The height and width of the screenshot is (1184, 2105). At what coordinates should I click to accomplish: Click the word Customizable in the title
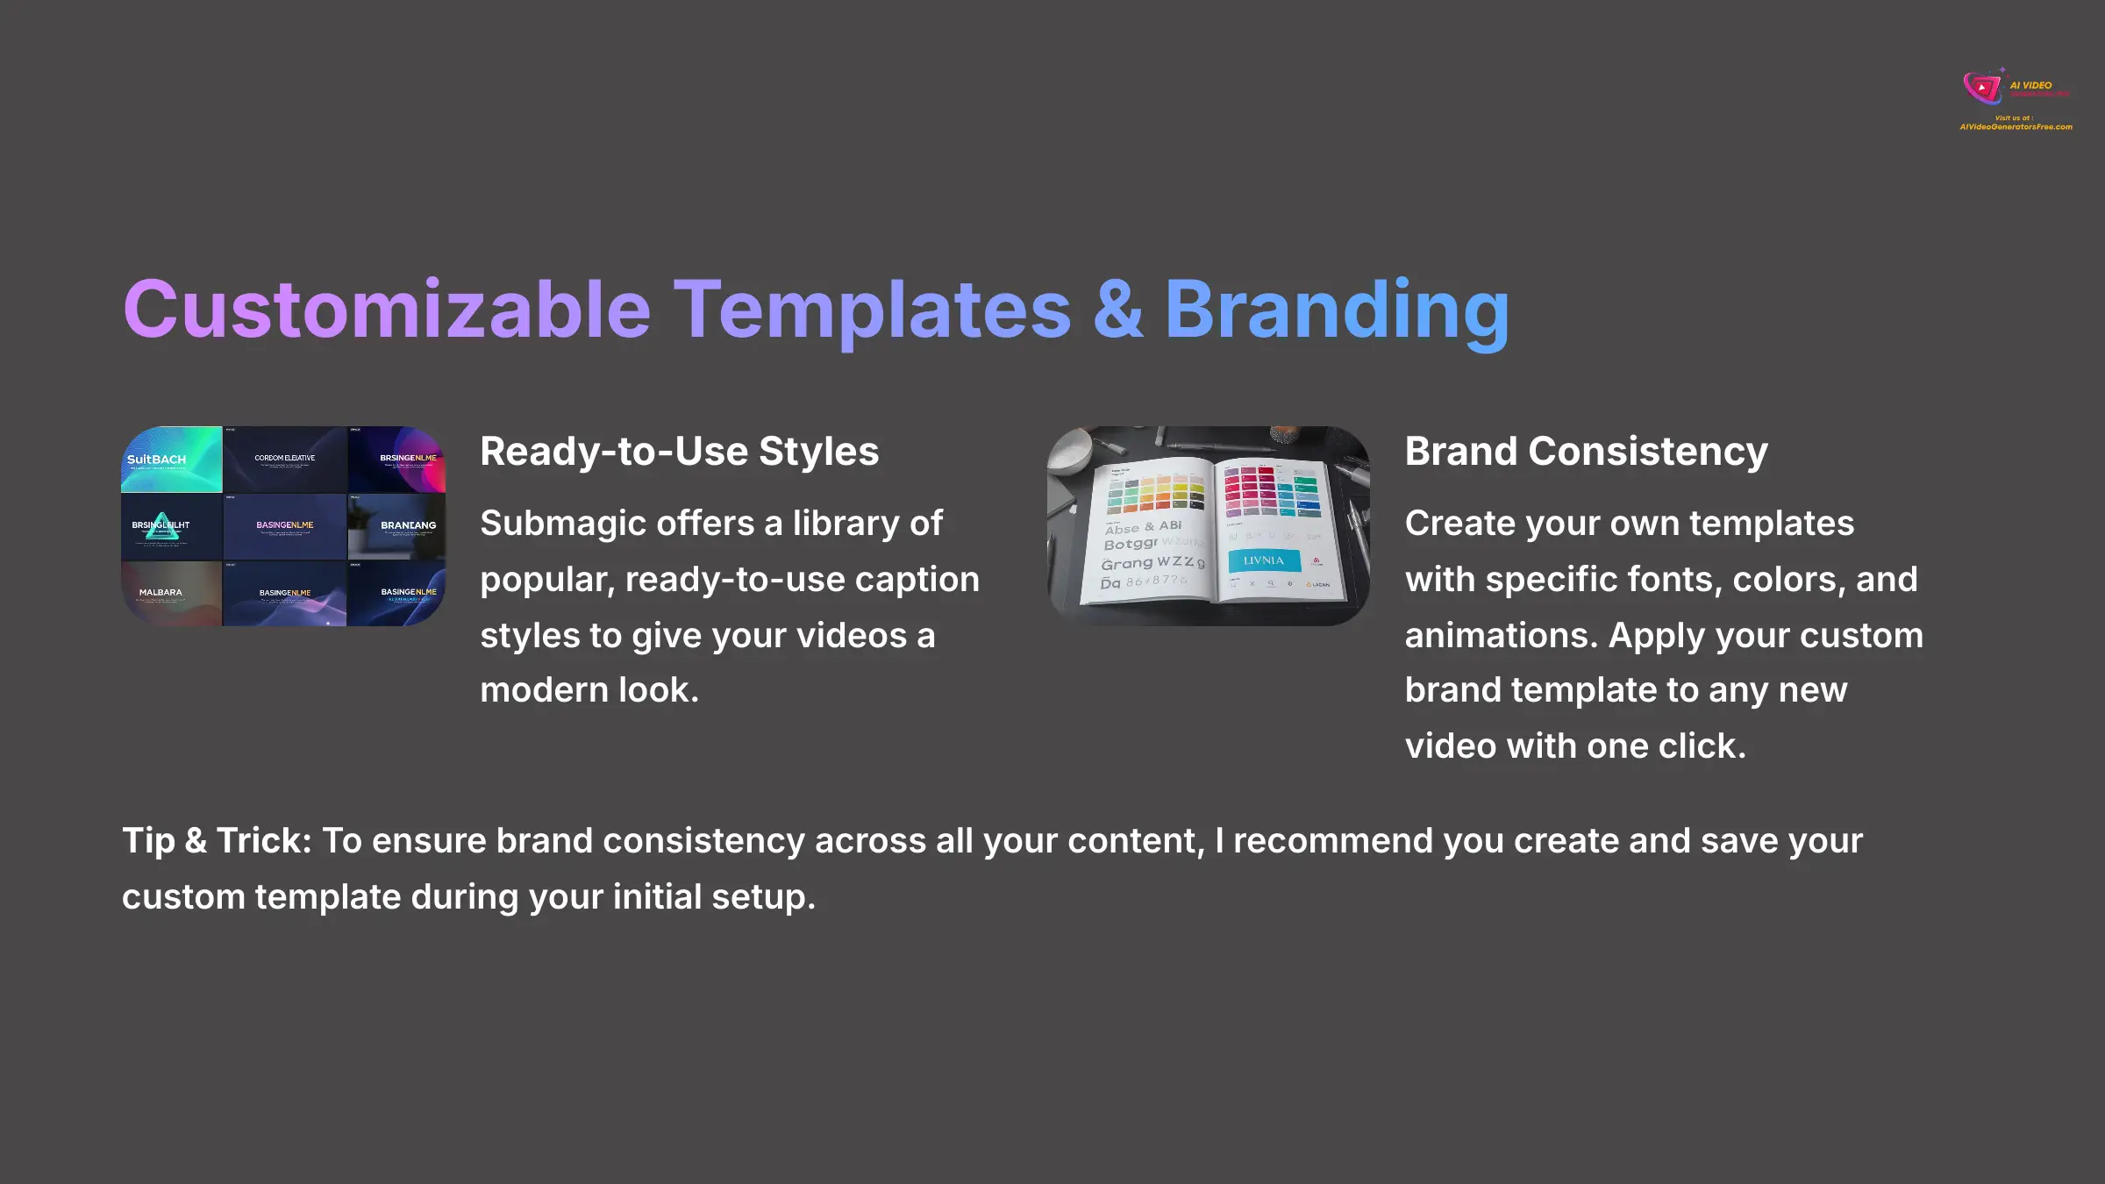(387, 310)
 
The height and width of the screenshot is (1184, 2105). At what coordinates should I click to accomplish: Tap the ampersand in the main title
(1118, 310)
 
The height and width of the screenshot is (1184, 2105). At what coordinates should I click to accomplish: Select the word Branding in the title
(1337, 310)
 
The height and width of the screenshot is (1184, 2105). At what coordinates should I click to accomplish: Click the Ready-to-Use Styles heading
(679, 452)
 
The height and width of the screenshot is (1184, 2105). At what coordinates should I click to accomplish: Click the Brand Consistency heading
(1586, 452)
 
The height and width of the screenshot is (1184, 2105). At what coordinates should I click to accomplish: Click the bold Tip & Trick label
(216, 841)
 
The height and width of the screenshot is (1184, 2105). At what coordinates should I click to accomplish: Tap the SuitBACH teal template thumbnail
(171, 459)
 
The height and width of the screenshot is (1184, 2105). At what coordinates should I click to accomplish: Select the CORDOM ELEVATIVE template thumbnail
(284, 459)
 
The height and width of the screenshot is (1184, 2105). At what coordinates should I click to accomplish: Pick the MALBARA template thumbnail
(171, 594)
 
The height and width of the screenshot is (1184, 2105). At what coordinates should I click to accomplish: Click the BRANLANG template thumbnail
(396, 526)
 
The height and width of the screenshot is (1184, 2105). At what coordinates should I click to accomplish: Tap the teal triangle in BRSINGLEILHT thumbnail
(161, 526)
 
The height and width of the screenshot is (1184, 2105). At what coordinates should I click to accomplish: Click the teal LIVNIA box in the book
(1263, 560)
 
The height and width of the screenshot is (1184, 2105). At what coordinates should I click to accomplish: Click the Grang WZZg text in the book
(1152, 563)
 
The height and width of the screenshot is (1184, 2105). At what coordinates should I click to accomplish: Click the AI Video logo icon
(1982, 88)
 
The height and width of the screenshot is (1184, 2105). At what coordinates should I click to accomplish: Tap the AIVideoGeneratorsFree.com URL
(2016, 127)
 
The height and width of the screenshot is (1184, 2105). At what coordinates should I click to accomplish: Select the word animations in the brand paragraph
(1501, 636)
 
